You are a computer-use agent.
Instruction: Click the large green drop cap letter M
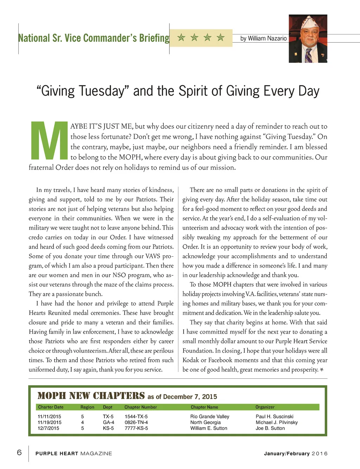(49, 141)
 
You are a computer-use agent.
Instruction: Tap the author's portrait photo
(308, 39)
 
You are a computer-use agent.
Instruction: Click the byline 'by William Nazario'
(263, 38)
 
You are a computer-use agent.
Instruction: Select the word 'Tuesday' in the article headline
(102, 91)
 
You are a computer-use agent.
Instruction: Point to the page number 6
(19, 452)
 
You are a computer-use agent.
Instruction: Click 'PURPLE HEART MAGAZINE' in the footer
(73, 454)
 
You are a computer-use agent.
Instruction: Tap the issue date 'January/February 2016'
(295, 454)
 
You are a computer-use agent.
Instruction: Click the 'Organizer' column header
(265, 407)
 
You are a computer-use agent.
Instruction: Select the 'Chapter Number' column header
(141, 407)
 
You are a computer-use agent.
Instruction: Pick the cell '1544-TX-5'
(136, 417)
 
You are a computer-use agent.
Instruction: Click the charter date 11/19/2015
(49, 422)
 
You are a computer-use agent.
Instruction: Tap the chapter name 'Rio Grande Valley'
(210, 417)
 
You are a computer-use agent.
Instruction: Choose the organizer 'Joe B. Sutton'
(270, 428)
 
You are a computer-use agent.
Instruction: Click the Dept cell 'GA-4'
(108, 422)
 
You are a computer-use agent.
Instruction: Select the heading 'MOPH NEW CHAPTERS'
(91, 396)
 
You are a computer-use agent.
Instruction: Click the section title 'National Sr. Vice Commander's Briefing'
(94, 38)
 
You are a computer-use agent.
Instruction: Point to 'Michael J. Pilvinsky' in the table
(276, 422)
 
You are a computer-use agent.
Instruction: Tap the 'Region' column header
(87, 407)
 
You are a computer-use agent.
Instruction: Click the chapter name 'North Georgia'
(205, 422)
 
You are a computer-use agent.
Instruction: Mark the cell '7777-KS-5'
(136, 428)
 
